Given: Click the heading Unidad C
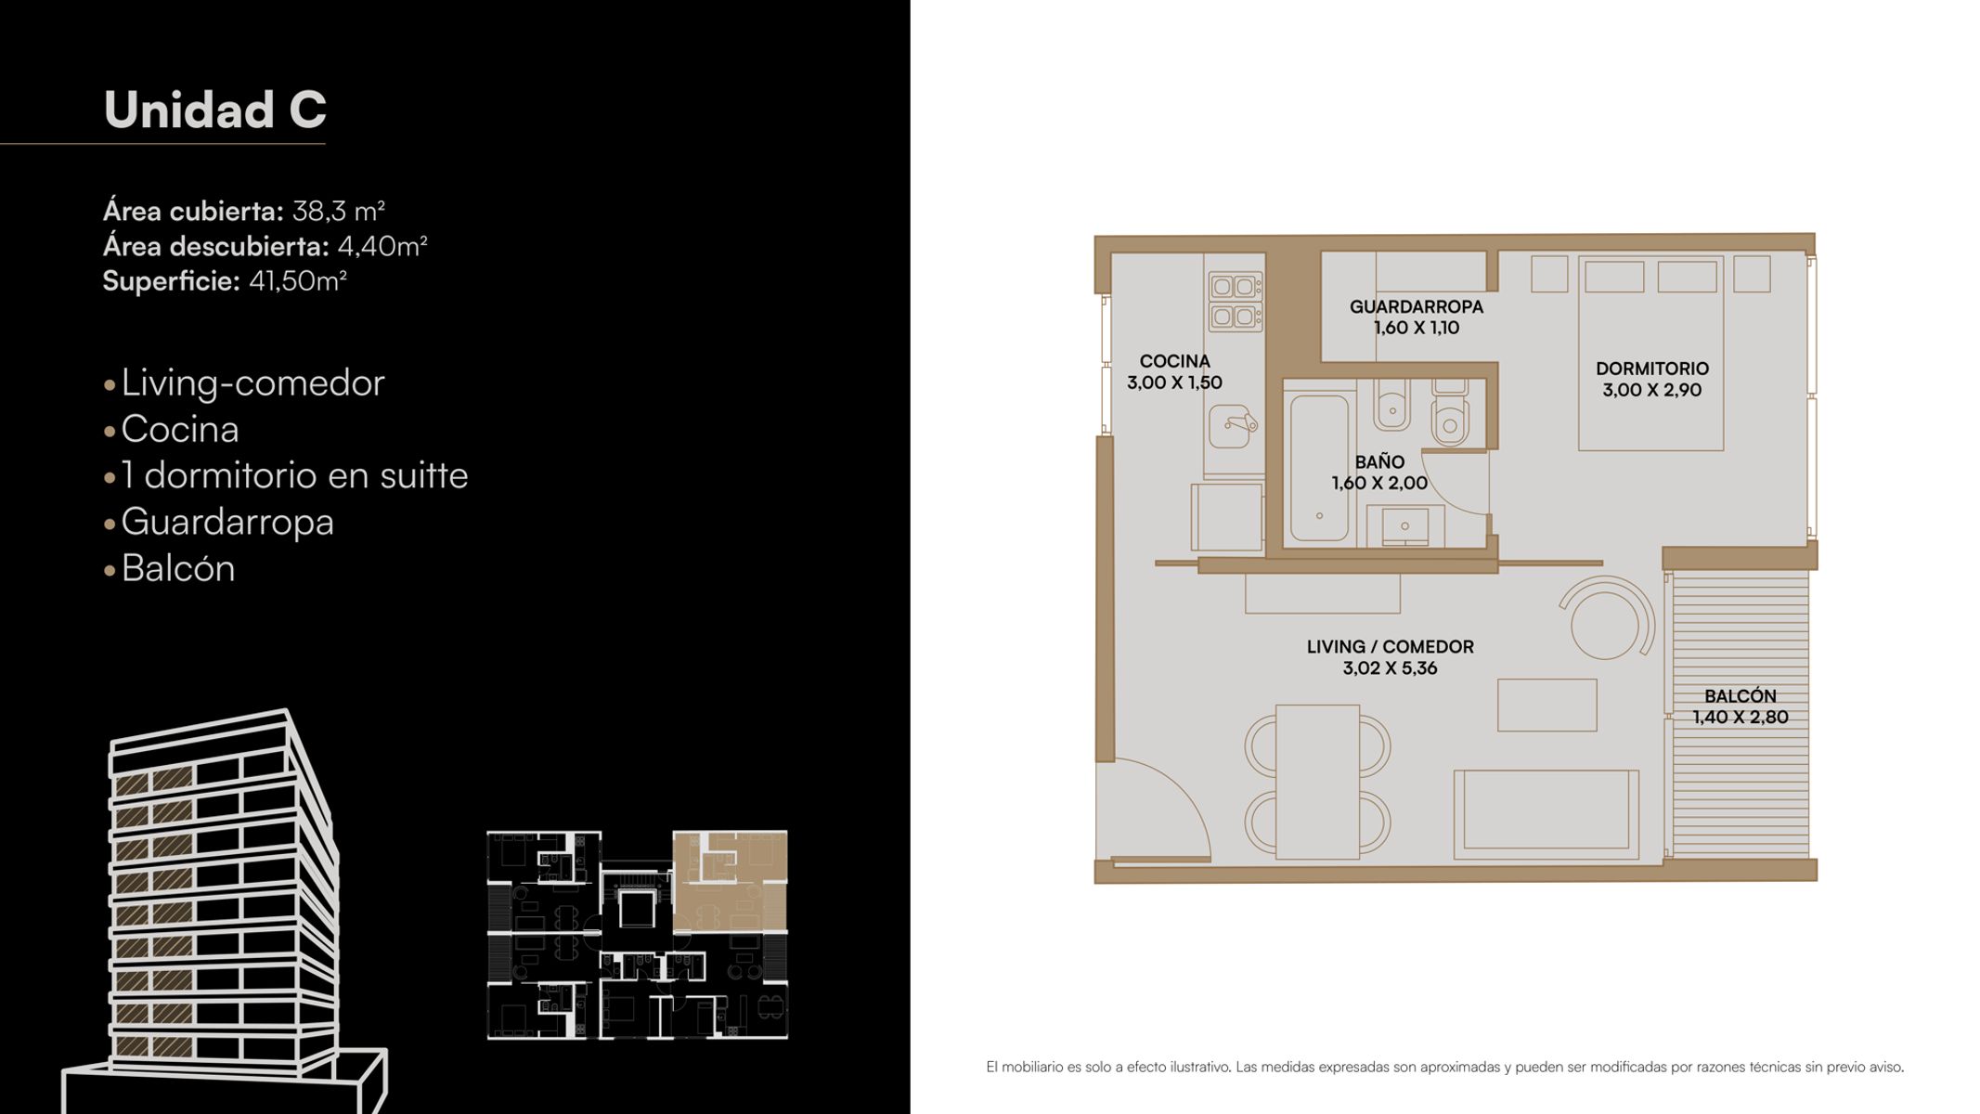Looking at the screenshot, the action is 214,110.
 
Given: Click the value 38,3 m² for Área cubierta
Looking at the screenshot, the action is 339,211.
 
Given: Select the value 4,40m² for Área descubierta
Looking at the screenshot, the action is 382,246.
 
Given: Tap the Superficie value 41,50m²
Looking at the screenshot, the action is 298,280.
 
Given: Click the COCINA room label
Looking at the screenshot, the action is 1174,361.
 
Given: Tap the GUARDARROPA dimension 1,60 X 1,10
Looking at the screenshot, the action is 1417,328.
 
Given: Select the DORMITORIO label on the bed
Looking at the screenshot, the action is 1652,369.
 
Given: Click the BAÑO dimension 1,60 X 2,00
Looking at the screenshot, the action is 1379,483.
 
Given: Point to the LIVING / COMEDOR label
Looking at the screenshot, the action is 1390,646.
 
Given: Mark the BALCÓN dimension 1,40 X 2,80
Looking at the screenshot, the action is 1740,717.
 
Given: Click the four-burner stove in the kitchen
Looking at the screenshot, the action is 1236,302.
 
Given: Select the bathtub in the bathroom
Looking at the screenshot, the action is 1319,468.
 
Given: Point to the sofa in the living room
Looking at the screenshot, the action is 1546,813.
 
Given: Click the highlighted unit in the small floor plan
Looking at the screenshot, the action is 731,881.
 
